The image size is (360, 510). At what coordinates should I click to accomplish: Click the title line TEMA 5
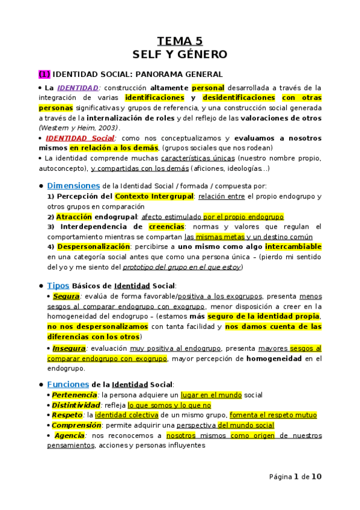pyautogui.click(x=180, y=41)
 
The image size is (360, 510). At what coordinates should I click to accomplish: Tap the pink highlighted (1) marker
pyautogui.click(x=44, y=75)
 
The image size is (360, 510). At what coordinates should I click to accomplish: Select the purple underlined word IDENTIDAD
pyautogui.click(x=78, y=88)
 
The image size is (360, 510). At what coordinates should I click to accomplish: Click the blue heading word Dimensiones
pyautogui.click(x=73, y=186)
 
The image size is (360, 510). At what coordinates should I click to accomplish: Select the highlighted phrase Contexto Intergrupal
pyautogui.click(x=154, y=197)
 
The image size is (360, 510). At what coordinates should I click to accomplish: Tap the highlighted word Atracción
pyautogui.click(x=74, y=217)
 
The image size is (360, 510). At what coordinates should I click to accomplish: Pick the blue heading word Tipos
pyautogui.click(x=58, y=286)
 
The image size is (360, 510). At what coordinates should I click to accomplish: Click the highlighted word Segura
pyautogui.click(x=66, y=296)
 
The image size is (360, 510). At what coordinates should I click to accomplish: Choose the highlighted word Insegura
pyautogui.click(x=69, y=348)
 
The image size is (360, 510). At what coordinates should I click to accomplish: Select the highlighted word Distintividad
pyautogui.click(x=75, y=405)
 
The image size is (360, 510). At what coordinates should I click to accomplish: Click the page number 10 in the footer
pyautogui.click(x=316, y=477)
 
